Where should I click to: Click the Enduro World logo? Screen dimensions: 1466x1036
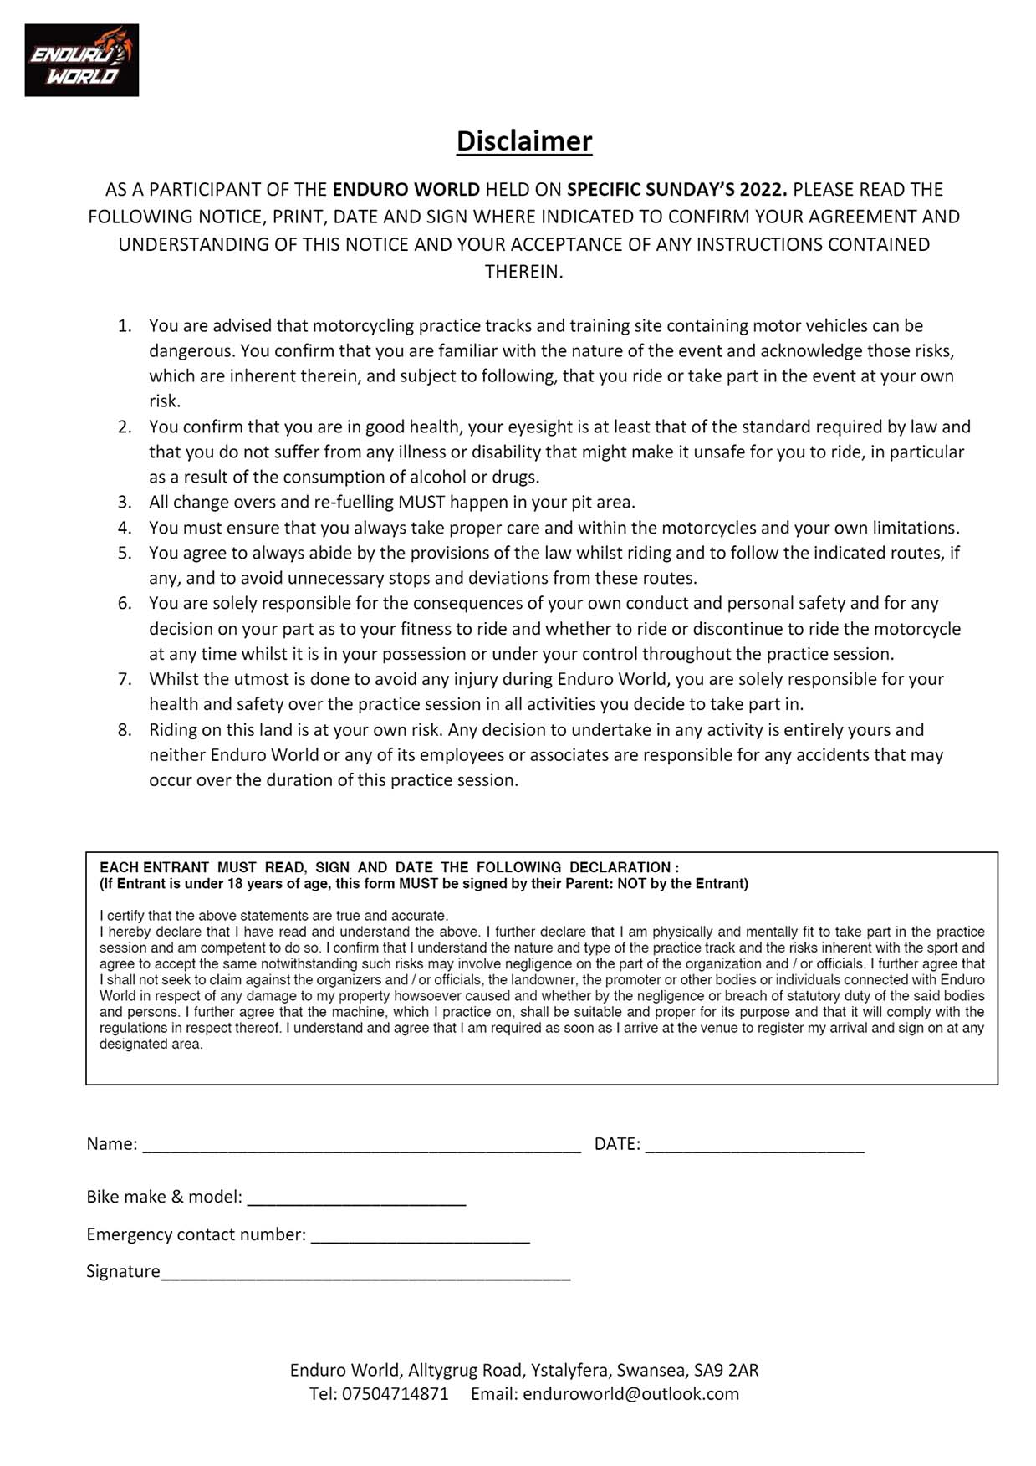[82, 60]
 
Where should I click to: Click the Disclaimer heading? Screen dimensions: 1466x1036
[524, 140]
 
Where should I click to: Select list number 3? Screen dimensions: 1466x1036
[125, 503]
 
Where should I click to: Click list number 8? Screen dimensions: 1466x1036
[125, 730]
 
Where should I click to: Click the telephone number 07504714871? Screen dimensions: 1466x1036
[395, 1394]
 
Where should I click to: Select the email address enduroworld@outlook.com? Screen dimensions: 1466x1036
[630, 1394]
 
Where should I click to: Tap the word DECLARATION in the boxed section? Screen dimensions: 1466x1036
[620, 867]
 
